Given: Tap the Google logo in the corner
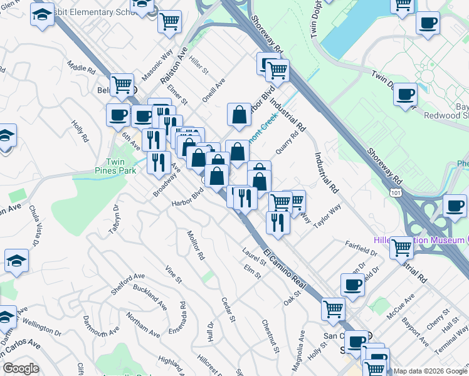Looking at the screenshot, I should [x=21, y=368].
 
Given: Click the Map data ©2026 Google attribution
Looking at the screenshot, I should [x=430, y=371].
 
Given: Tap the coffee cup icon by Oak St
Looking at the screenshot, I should [x=352, y=285].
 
